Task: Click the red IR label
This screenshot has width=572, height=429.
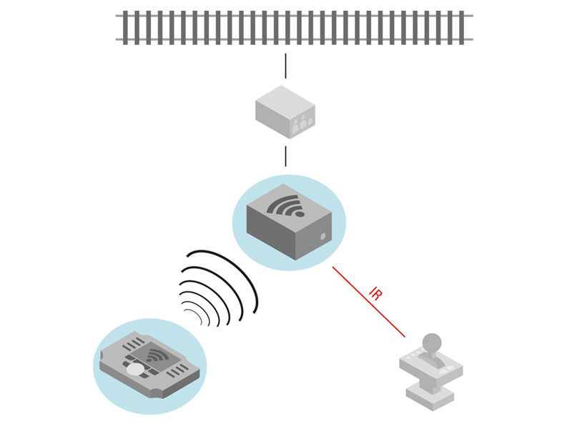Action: tap(375, 294)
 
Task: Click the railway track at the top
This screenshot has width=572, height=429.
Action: tap(293, 28)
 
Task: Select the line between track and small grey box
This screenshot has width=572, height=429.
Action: tap(285, 65)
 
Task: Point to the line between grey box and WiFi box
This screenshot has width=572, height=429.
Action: tap(285, 156)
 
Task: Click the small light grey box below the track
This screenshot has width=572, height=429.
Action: tap(284, 111)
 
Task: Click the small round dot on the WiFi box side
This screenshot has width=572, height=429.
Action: tap(322, 236)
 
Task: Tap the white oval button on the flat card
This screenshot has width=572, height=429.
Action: tap(135, 370)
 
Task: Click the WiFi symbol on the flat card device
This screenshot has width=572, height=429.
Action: tap(158, 355)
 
